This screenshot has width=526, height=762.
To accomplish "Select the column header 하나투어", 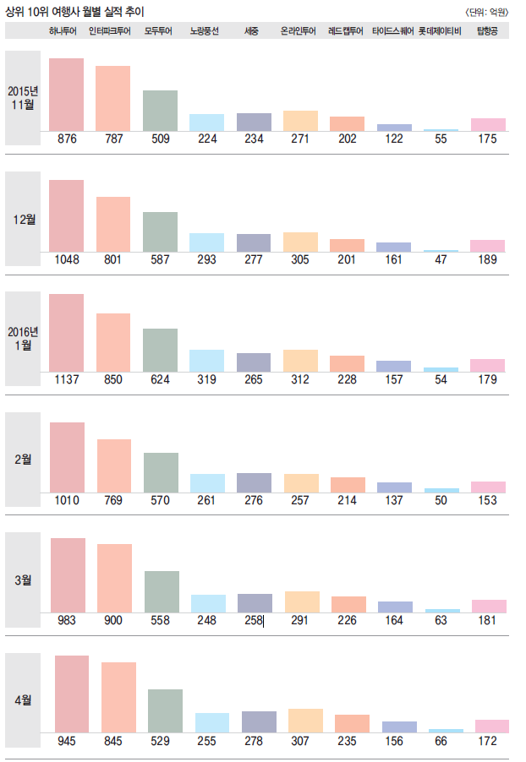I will pos(65,31).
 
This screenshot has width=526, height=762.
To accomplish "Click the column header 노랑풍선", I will pos(205,31).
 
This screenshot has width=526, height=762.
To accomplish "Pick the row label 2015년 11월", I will pos(23,98).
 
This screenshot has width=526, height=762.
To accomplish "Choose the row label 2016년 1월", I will pos(23,338).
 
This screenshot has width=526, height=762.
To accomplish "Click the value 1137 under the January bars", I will pos(66,380).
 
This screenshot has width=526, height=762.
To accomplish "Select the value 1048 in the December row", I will pos(66,259).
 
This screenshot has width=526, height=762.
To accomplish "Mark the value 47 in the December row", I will pos(441,259).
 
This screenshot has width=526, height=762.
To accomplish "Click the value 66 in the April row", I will pos(446,742).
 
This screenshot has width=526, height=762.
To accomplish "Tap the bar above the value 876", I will pos(66,95).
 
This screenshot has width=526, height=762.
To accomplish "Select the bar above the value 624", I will pos(160,350).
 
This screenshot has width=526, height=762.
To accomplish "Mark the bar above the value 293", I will pos(206,242).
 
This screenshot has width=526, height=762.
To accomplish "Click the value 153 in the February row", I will pos(487,500).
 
